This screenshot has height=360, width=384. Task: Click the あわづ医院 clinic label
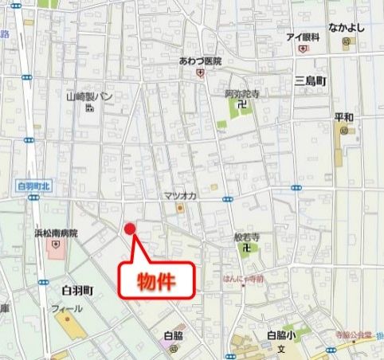click(x=200, y=61)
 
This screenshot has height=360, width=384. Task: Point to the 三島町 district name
click(x=309, y=81)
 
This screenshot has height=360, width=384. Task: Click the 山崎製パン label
click(x=90, y=96)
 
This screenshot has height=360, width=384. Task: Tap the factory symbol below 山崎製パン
click(x=88, y=110)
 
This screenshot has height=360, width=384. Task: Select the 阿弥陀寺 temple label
click(x=242, y=93)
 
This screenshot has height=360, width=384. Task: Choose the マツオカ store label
click(x=180, y=196)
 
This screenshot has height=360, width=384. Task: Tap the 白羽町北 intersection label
click(x=33, y=186)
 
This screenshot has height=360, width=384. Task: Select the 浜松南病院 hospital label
click(x=56, y=233)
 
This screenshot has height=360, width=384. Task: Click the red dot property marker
click(x=131, y=229)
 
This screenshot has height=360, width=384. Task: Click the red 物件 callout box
click(x=157, y=280)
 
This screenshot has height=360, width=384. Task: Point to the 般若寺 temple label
click(x=246, y=237)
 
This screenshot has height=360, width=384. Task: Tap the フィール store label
click(x=66, y=308)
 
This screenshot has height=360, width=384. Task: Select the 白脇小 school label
click(x=280, y=335)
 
